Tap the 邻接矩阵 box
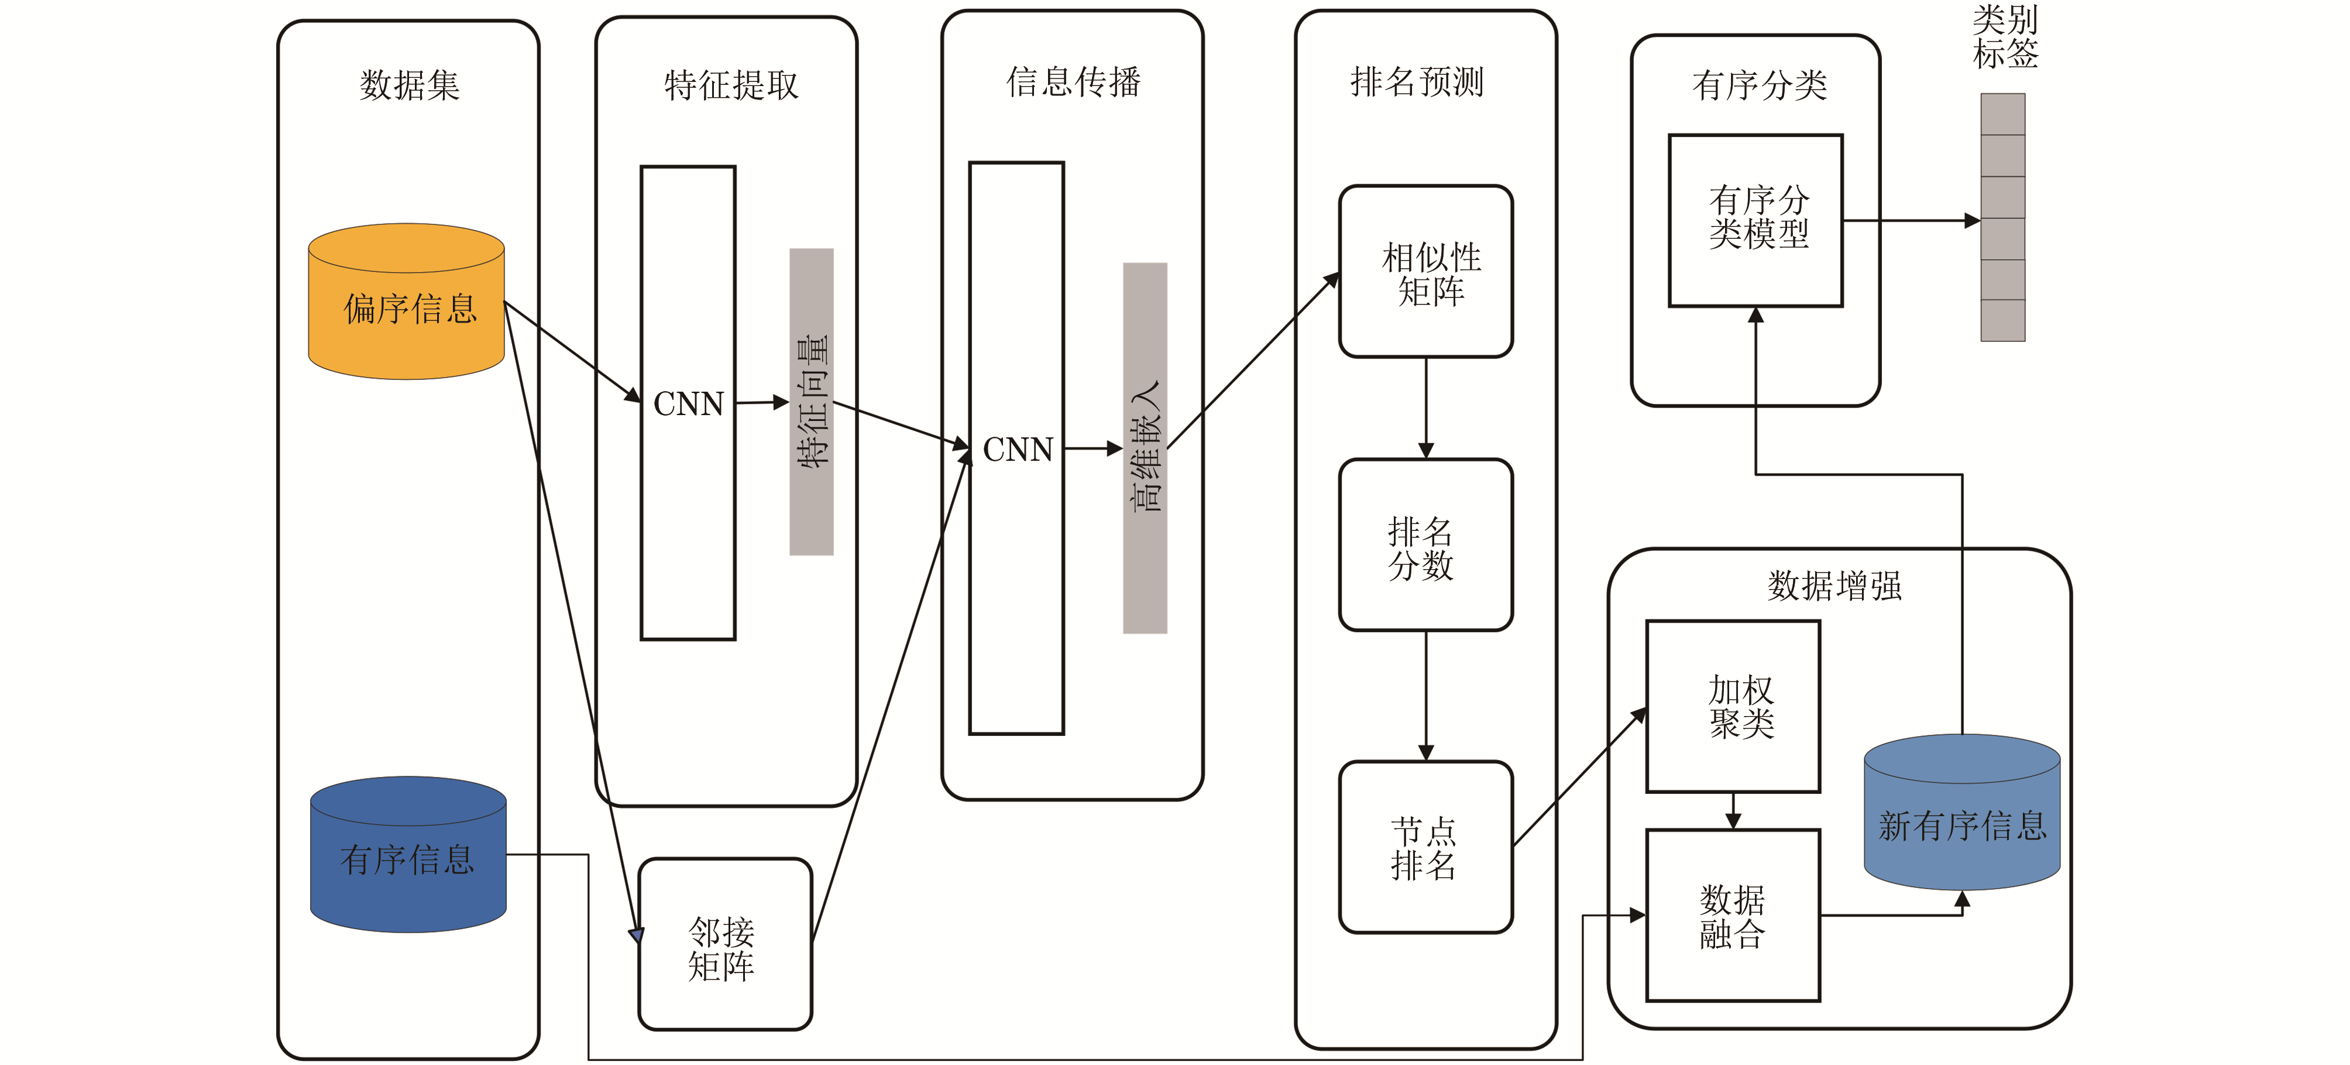[724, 944]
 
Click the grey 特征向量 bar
[811, 402]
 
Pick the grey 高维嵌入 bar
[1145, 447]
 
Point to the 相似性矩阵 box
[1426, 272]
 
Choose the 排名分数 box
[1426, 546]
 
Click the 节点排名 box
[1426, 847]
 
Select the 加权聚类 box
[1733, 706]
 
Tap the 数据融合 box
[1733, 915]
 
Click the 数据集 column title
[410, 85]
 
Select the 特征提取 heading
[731, 85]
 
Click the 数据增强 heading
[1834, 585]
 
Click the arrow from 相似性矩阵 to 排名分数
[1426, 407]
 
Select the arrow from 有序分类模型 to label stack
[1911, 221]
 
